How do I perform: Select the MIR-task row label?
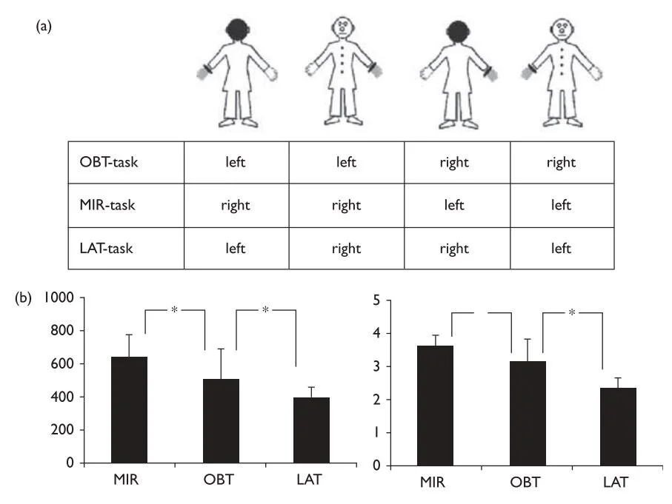coord(107,206)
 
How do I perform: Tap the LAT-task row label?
coord(106,249)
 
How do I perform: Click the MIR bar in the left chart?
coord(130,409)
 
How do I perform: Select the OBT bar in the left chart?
coord(221,420)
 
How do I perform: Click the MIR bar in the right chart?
coord(436,406)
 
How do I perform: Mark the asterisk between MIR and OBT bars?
coord(174,310)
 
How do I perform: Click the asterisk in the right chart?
coord(572,312)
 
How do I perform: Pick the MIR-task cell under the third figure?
coord(454,206)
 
